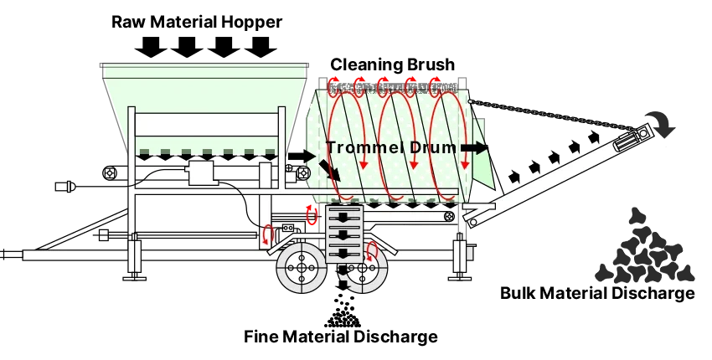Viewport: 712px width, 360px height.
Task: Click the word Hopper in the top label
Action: click(x=253, y=23)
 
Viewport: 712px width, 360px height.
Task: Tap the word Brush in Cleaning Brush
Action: click(x=427, y=64)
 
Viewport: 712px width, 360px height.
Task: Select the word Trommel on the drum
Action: click(x=359, y=147)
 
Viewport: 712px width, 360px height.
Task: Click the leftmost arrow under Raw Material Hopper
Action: click(x=151, y=47)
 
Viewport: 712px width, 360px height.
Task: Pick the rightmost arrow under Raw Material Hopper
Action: click(x=261, y=47)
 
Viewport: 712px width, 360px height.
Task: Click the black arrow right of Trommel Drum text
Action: click(x=474, y=147)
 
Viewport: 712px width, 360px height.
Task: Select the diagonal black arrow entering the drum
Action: click(x=329, y=171)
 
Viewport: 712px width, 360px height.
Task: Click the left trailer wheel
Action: click(x=301, y=268)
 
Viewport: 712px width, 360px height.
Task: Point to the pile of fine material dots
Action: click(x=343, y=311)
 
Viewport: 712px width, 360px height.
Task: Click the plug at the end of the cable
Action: click(x=67, y=186)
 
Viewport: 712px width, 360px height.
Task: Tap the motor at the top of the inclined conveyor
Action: click(x=632, y=137)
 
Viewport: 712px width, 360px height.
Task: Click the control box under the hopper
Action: click(x=202, y=172)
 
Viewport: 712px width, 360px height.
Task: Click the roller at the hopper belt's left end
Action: click(x=111, y=172)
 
